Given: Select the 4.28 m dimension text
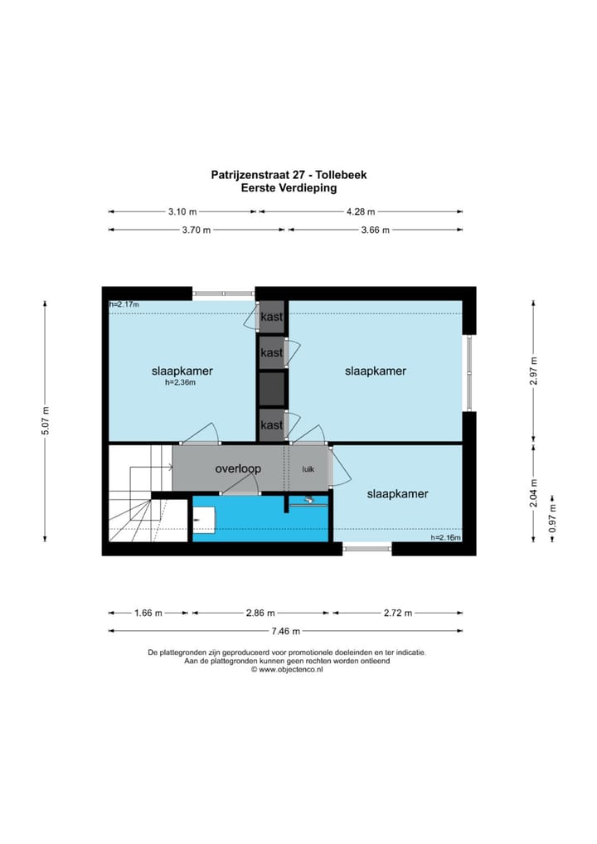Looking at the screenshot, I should (360, 211).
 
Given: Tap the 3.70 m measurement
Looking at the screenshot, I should (196, 230).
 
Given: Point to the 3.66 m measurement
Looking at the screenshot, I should (375, 230).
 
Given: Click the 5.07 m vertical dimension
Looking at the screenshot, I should (46, 421).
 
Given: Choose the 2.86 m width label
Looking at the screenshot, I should (261, 613).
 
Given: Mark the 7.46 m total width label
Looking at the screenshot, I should (286, 631).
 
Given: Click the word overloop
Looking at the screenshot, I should (238, 469).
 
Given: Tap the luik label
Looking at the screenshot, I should (308, 469).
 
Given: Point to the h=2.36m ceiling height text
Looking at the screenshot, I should (180, 383).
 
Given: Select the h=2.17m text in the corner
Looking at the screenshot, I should (124, 305).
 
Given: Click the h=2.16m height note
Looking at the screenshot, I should (445, 538).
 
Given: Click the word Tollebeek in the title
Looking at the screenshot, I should (338, 175).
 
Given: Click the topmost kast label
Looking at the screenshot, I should (271, 318).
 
